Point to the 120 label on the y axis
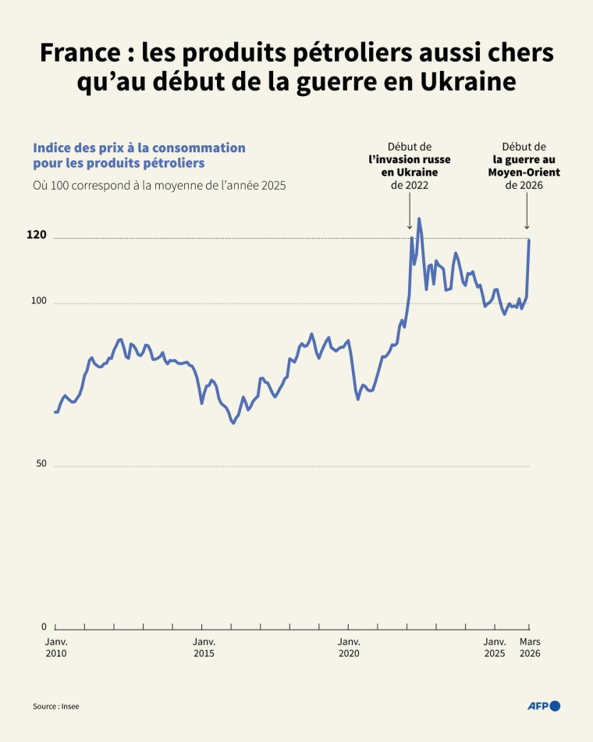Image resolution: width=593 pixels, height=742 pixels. [37, 235]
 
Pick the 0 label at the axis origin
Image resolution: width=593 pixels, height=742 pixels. [44, 627]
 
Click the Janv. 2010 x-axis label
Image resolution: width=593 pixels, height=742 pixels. [55, 648]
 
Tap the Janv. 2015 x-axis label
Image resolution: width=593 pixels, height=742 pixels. [204, 648]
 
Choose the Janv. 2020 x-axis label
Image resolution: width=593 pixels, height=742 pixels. [349, 648]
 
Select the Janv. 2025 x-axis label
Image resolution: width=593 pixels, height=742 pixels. [495, 648]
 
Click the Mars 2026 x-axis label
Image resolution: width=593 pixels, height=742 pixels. [530, 648]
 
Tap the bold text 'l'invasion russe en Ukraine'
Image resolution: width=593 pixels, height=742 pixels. [409, 166]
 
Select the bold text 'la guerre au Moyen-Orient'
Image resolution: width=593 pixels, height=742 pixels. [524, 166]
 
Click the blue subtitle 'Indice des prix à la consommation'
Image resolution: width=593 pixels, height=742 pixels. [139, 147]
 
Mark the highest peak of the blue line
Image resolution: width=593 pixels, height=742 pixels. [419, 219]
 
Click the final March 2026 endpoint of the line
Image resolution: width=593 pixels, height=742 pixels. [529, 239]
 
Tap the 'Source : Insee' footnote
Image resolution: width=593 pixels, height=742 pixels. [55, 706]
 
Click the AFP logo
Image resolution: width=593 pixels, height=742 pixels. [544, 706]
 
